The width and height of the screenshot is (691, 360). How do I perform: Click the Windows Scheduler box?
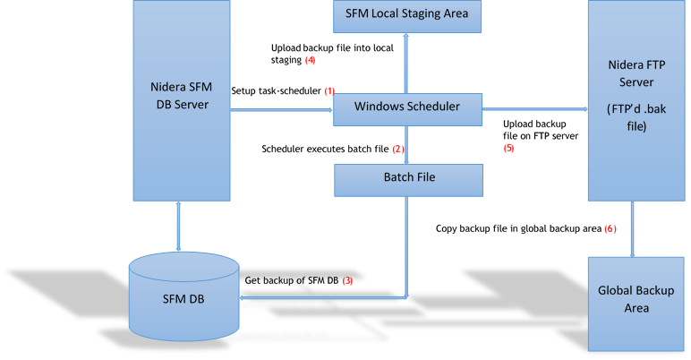tap(407, 107)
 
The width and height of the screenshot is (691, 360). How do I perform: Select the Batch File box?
tap(408, 178)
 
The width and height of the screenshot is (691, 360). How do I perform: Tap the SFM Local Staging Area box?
tap(407, 14)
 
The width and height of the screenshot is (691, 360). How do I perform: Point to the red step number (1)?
tap(329, 91)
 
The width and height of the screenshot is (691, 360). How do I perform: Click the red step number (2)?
tap(398, 149)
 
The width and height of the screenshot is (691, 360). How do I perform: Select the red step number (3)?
tap(347, 280)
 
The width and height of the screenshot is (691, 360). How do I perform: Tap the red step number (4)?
tap(311, 60)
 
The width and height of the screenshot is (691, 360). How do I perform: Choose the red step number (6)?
tap(610, 228)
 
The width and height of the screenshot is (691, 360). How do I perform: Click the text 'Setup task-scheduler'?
tap(277, 91)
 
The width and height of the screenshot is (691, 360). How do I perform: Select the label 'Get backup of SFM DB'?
tap(291, 280)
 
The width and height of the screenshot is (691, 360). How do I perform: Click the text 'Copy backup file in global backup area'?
tap(518, 228)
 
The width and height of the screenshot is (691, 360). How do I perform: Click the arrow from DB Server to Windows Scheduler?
tap(281, 110)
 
